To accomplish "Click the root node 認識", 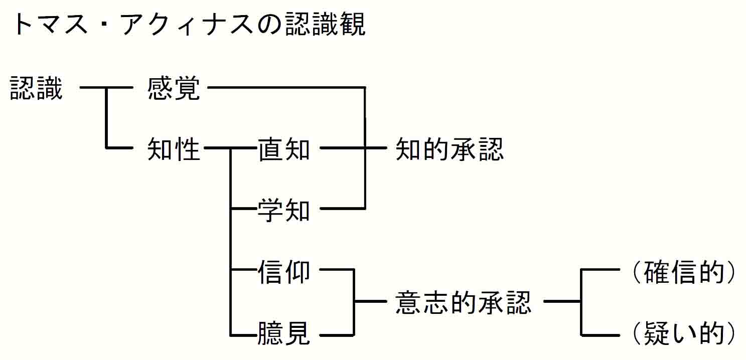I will point(36,88).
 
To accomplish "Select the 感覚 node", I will point(174,88).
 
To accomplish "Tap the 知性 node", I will point(174,149).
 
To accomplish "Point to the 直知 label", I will point(284,149).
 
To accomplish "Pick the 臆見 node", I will point(284,333).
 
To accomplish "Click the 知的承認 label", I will point(450,149).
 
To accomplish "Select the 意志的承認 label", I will point(463,302).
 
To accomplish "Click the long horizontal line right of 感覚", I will point(286,88).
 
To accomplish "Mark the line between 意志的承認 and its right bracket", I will point(562,302).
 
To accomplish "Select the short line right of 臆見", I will point(337,334).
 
